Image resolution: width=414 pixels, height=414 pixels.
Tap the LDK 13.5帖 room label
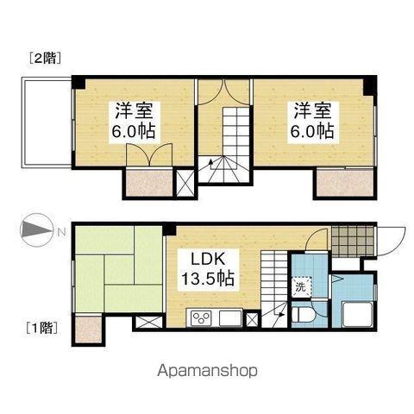209,270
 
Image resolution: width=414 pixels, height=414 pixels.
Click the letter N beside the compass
60,231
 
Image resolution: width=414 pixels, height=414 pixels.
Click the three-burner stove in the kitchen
201,317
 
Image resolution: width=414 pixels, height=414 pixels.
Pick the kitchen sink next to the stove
229,317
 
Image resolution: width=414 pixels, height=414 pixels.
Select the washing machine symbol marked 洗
301,286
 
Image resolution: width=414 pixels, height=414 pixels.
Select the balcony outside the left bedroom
44,121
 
